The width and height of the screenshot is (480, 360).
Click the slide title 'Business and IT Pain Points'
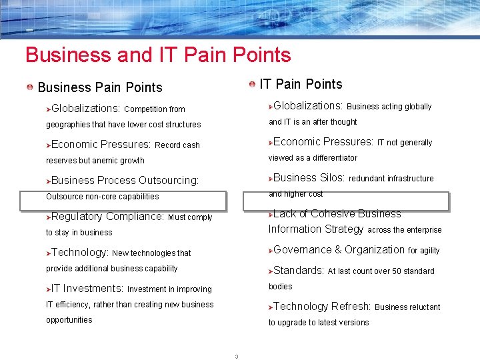(158, 55)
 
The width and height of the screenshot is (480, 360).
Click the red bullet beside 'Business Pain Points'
(31, 87)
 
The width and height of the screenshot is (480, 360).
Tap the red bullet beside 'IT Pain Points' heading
(252, 84)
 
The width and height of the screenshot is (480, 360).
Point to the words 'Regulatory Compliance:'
(107, 217)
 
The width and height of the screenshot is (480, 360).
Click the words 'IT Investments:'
(87, 289)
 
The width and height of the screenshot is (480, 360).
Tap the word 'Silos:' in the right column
(332, 178)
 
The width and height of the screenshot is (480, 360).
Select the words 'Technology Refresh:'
(322, 307)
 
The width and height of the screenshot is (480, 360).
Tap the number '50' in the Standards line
(393, 271)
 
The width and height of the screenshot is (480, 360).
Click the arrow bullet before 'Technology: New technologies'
(48, 253)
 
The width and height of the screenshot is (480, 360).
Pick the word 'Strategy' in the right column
(343, 229)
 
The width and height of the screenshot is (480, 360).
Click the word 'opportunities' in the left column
(69, 320)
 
